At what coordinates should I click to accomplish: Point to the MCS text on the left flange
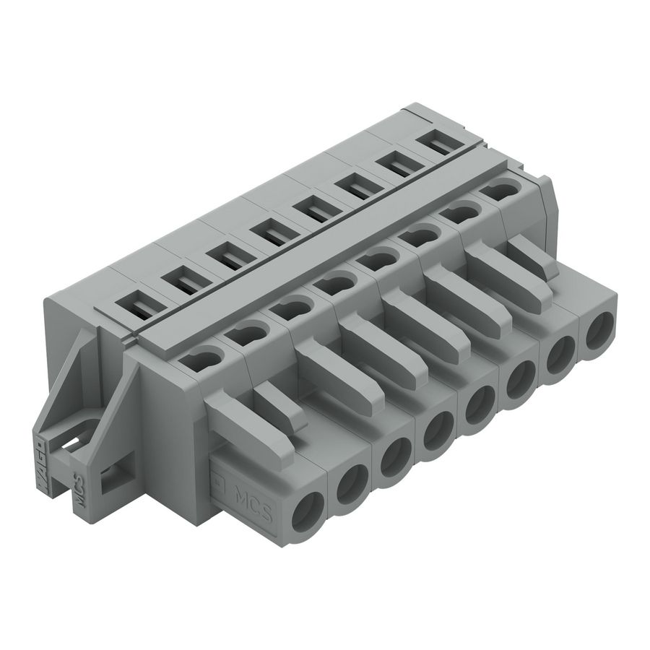pyautogui.click(x=82, y=492)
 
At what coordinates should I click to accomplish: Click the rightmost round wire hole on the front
pyautogui.click(x=598, y=334)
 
